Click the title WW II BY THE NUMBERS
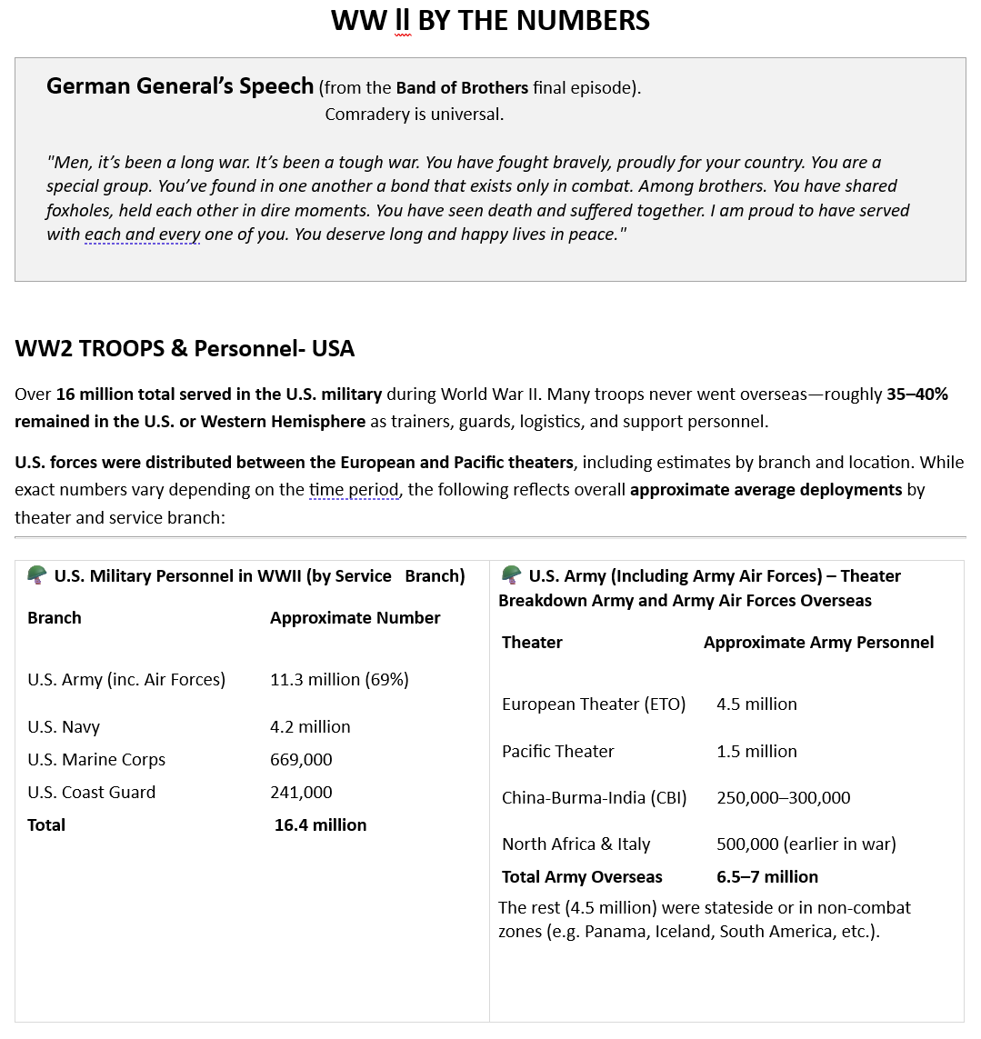tap(490, 20)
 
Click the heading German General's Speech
tap(180, 86)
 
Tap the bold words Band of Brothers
tap(462, 88)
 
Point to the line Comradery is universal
tap(414, 115)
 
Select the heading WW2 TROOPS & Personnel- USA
tap(185, 349)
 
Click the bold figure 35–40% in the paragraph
tap(916, 395)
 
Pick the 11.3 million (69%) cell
tap(339, 680)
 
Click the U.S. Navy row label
tap(64, 727)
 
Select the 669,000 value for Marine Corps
tap(301, 760)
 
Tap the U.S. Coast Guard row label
tap(91, 793)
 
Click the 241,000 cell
tap(301, 793)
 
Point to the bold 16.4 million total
tap(320, 825)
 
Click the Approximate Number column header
tap(355, 618)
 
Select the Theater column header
tap(532, 643)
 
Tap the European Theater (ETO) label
tap(594, 704)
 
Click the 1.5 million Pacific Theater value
tap(756, 752)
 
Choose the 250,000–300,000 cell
tap(783, 798)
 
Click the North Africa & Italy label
tap(576, 844)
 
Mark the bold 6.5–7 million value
tap(766, 877)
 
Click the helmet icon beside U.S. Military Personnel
tap(37, 575)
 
